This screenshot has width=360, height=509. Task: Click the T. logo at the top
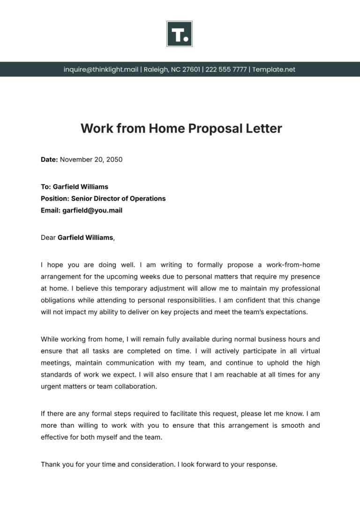click(x=180, y=34)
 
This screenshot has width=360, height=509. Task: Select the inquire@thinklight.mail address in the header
click(x=101, y=69)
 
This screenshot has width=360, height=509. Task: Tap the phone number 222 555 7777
click(x=226, y=69)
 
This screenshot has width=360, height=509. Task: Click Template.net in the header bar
click(x=274, y=69)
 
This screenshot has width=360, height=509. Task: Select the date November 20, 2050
click(x=91, y=160)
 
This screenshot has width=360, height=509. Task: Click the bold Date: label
click(x=49, y=160)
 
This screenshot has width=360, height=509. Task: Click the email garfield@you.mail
click(x=92, y=211)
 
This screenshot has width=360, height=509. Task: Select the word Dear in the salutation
click(x=48, y=237)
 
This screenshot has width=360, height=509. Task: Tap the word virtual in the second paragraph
click(x=307, y=350)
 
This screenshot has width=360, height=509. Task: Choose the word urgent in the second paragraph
click(x=51, y=387)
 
